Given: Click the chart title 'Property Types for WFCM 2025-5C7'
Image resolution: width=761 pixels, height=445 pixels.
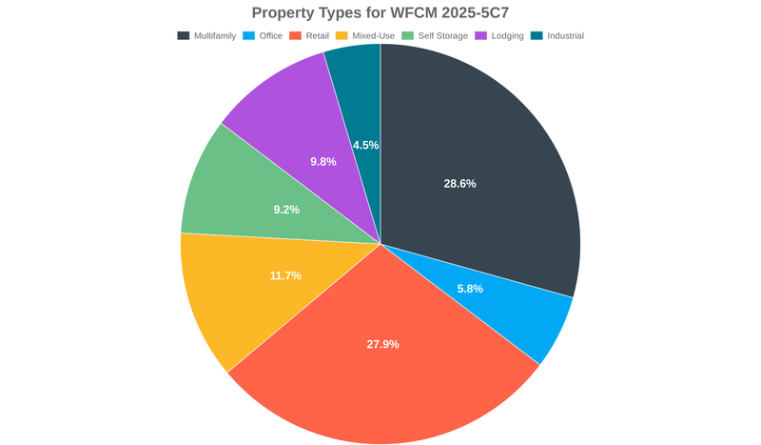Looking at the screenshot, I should (380, 12).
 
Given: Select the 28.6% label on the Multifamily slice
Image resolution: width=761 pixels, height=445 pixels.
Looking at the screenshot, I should (459, 183).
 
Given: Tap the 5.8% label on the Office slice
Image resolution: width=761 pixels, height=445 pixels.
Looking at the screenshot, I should (470, 288).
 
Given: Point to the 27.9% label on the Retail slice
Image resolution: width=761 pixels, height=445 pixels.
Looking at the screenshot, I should (382, 344).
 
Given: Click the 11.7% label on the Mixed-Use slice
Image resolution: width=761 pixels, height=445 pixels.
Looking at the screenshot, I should (285, 275).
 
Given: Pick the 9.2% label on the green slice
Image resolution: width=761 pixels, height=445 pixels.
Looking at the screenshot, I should (286, 209).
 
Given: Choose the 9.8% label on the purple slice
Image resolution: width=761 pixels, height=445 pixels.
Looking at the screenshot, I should (323, 162).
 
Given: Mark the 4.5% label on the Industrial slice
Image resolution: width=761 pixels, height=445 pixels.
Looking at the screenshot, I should (365, 145).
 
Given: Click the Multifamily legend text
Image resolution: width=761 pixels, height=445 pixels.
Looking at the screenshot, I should (215, 36).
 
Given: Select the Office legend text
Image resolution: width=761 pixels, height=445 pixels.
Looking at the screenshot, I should (272, 36).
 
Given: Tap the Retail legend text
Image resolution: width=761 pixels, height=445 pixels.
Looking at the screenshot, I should (317, 36).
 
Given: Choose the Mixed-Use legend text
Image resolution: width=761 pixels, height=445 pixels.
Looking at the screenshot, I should (373, 36).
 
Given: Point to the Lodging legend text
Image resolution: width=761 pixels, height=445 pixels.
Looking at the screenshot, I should (507, 36).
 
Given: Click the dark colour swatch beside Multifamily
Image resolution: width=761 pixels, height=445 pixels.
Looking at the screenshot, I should (184, 36).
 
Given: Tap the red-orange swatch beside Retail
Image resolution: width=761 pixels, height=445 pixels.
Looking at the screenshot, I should (296, 36).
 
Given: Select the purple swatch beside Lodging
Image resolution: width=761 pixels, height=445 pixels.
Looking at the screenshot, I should (481, 36).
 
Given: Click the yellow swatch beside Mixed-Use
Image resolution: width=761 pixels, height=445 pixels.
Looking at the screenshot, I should (342, 36).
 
